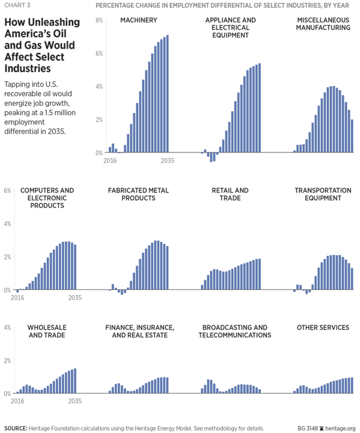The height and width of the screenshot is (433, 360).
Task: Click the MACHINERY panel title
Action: tap(139, 20)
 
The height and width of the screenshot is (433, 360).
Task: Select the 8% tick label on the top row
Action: tap(99, 20)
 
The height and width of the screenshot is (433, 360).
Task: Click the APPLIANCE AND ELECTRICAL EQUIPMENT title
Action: tap(230, 28)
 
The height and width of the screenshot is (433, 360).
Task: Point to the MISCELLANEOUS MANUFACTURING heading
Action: tap(323, 28)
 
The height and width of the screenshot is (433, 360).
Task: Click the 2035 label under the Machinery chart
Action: tap(167, 161)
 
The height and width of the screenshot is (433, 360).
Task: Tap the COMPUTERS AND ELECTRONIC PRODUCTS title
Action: tap(47, 198)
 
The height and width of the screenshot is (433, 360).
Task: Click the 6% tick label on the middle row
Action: tap(7, 190)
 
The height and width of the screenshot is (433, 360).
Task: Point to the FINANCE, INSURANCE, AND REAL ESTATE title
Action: tap(139, 331)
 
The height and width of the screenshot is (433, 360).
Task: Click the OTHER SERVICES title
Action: tap(323, 327)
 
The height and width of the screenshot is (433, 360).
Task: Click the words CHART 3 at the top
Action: tap(17, 7)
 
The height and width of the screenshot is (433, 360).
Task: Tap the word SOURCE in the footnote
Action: tap(16, 428)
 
